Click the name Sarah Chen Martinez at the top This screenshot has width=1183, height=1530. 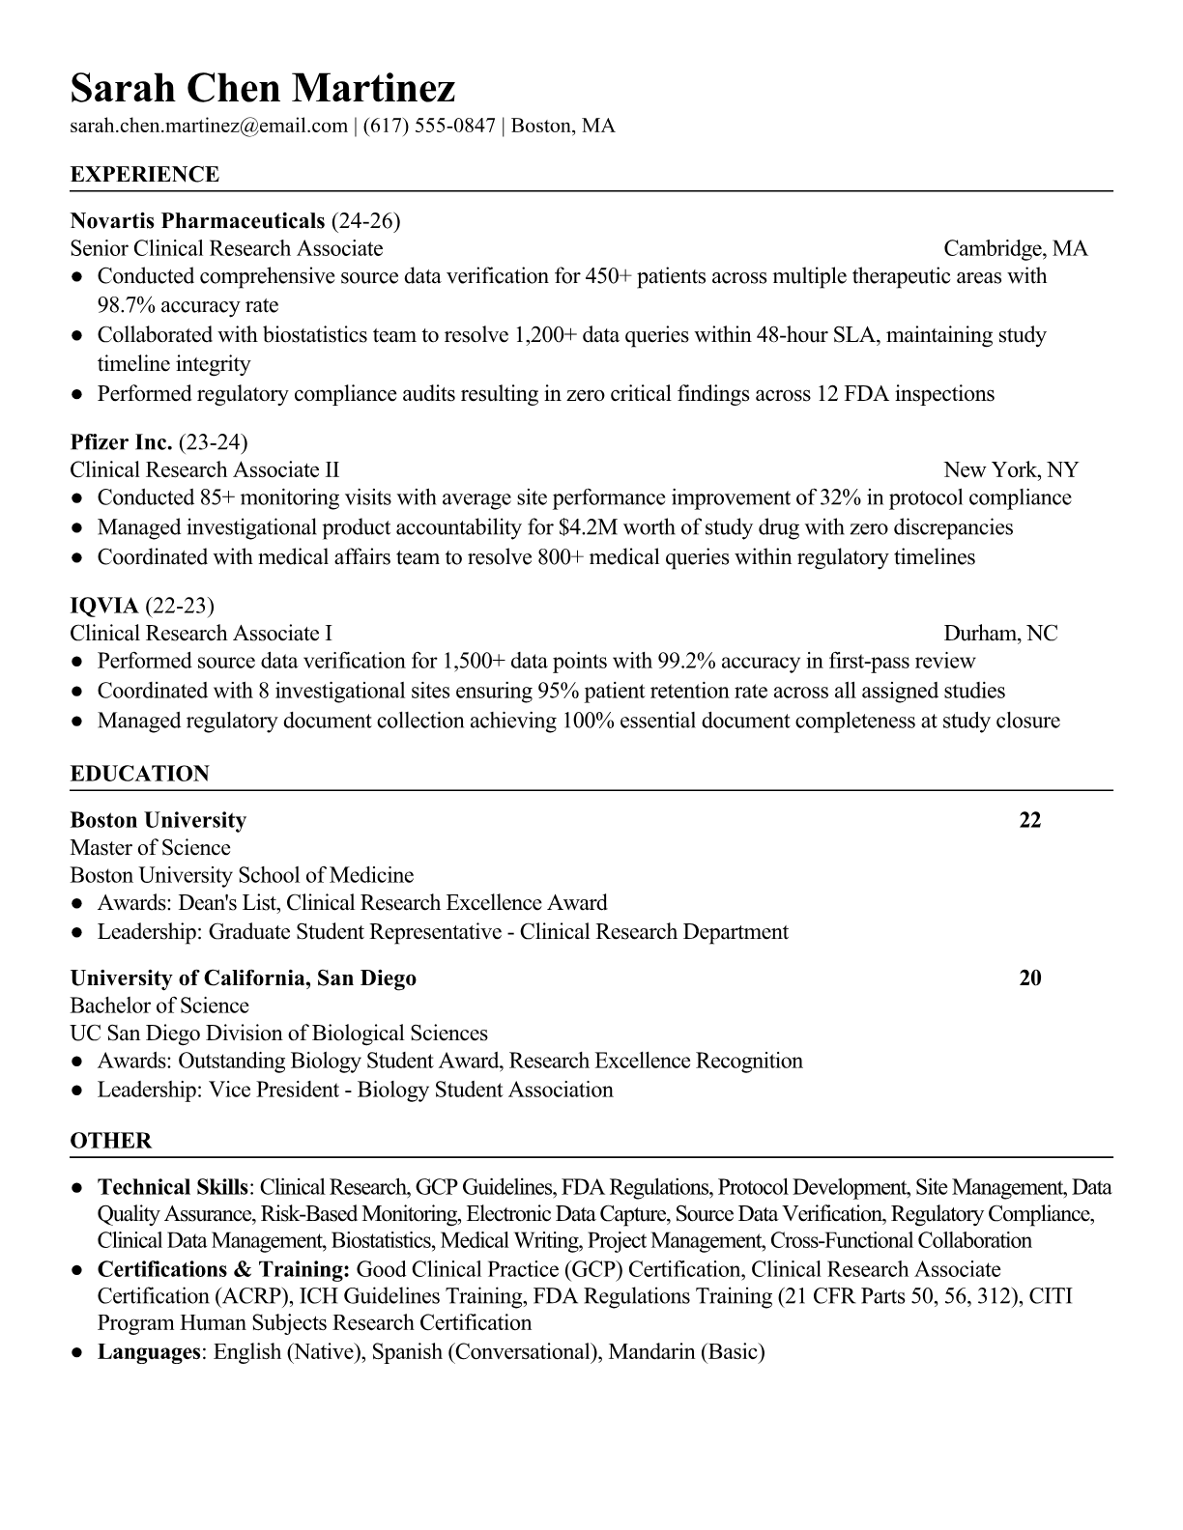click(x=262, y=88)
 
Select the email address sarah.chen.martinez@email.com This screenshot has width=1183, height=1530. click(x=209, y=126)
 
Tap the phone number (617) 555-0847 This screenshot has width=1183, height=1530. click(x=429, y=126)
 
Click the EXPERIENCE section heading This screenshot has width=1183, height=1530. click(x=145, y=175)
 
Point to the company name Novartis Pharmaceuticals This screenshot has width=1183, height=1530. click(x=197, y=221)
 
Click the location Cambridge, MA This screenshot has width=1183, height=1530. click(x=1015, y=249)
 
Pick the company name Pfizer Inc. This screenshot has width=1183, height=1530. click(x=121, y=442)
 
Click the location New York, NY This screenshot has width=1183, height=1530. click(x=1010, y=470)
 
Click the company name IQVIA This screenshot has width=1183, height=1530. click(x=104, y=606)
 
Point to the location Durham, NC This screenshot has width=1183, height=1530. click(x=1000, y=634)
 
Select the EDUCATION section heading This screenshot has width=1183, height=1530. click(x=140, y=774)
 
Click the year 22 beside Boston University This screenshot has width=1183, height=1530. click(x=1030, y=820)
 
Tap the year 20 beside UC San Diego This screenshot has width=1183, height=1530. click(x=1030, y=978)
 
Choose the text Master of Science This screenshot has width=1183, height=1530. click(x=150, y=848)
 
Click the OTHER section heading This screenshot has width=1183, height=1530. click(x=111, y=1141)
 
